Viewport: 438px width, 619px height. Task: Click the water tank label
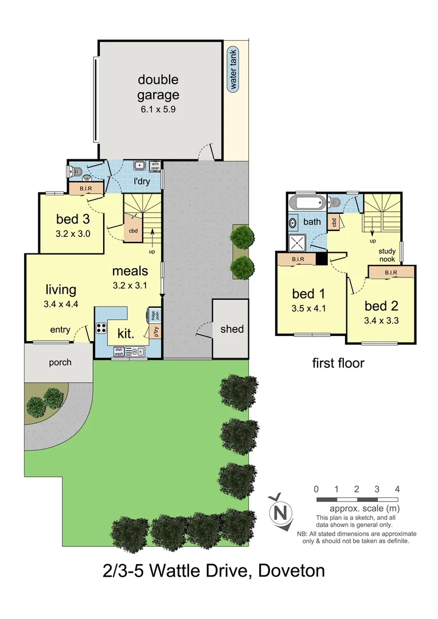coord(233,70)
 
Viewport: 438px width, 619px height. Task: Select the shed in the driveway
coord(232,329)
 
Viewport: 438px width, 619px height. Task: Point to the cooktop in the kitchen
coord(101,329)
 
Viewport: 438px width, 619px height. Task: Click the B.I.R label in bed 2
coord(391,272)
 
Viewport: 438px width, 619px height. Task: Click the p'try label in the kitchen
coord(154,331)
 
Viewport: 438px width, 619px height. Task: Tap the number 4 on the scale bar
coord(397,489)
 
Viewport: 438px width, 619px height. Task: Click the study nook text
coord(387,255)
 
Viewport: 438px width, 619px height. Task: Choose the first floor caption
coord(338,363)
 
